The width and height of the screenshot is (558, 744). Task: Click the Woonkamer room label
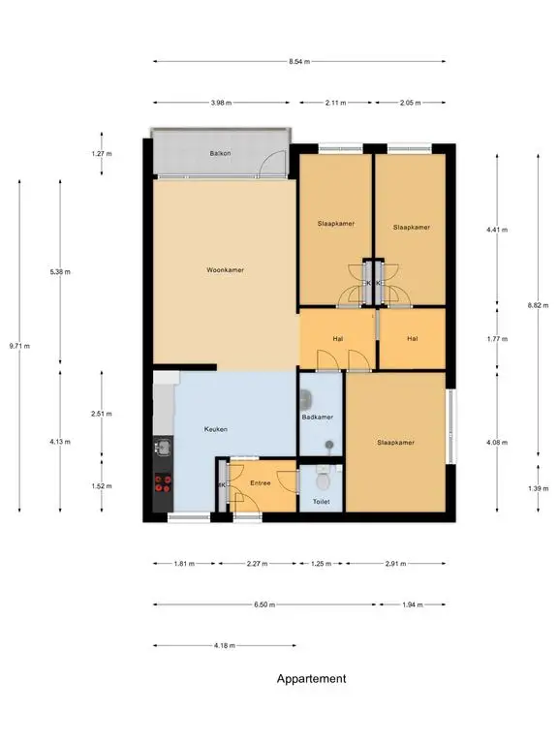(225, 270)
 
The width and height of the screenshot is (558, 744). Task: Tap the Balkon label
(220, 153)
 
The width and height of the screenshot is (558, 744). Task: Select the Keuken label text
(216, 429)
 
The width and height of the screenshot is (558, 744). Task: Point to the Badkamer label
(318, 418)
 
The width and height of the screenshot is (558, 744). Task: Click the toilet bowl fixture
(324, 480)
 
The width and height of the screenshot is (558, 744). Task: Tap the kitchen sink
(164, 447)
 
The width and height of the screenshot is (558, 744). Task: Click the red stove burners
(163, 484)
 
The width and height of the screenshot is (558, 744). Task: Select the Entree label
(260, 483)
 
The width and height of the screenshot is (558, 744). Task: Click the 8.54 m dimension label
(299, 61)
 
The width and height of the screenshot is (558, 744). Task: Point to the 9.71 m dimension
(19, 346)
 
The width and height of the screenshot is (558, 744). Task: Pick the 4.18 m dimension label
(225, 645)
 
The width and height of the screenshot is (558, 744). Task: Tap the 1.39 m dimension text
(538, 488)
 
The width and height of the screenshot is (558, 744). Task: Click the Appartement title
(312, 679)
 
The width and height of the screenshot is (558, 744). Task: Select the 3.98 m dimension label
(221, 103)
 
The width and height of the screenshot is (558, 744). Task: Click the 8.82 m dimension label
(538, 305)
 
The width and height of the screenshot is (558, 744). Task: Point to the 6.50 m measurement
(264, 604)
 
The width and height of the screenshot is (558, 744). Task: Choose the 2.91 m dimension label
(395, 564)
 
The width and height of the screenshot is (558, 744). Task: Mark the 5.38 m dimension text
(60, 272)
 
